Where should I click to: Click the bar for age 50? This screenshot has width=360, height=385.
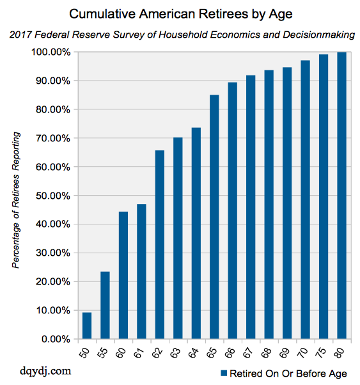87,326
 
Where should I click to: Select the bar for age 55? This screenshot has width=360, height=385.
105,305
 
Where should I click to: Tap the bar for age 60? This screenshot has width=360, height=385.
123,275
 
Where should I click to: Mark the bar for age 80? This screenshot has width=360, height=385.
341,195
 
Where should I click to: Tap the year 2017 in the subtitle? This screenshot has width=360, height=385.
22,34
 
